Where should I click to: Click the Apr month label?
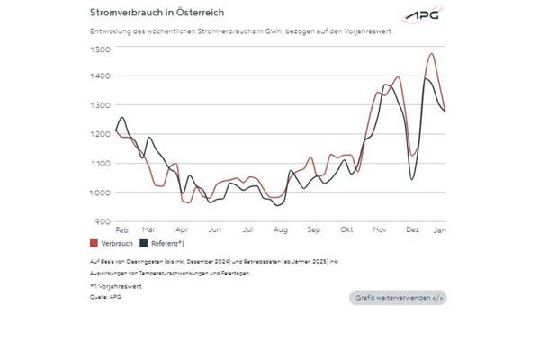click(x=183, y=230)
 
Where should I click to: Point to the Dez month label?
click(x=412, y=230)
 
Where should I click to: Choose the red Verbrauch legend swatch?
click(x=94, y=243)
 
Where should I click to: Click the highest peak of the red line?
click(x=432, y=54)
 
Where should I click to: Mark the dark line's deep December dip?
click(x=412, y=179)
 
